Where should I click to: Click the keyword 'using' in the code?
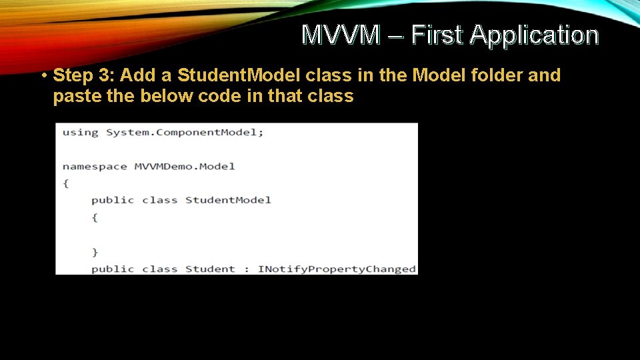[x=80, y=132]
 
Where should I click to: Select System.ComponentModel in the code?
[x=183, y=132]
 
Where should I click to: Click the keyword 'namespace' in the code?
[x=94, y=166]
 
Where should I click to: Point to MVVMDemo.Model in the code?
[x=185, y=166]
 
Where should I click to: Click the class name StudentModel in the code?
[x=228, y=200]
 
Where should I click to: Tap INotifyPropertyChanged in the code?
[x=337, y=269]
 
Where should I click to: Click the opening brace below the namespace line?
[x=65, y=183]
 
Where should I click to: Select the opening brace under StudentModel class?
[x=95, y=217]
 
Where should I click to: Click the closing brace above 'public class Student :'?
[x=95, y=252]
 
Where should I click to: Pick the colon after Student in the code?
[x=246, y=269]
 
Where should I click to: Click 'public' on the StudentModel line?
[x=113, y=200]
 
